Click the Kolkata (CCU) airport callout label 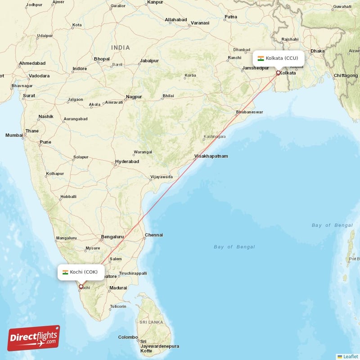[278, 58]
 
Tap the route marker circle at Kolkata [278, 73]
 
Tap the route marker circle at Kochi [81, 286]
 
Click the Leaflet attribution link [351, 356]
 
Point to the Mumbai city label [14, 135]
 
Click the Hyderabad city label [127, 161]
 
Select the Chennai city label [154, 235]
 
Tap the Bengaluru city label [112, 236]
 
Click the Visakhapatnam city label [211, 156]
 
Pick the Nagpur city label [134, 97]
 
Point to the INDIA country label [121, 48]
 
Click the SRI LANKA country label [151, 322]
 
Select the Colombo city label [128, 337]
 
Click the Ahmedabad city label [32, 63]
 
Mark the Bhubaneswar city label [249, 112]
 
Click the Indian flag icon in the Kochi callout [65, 272]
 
